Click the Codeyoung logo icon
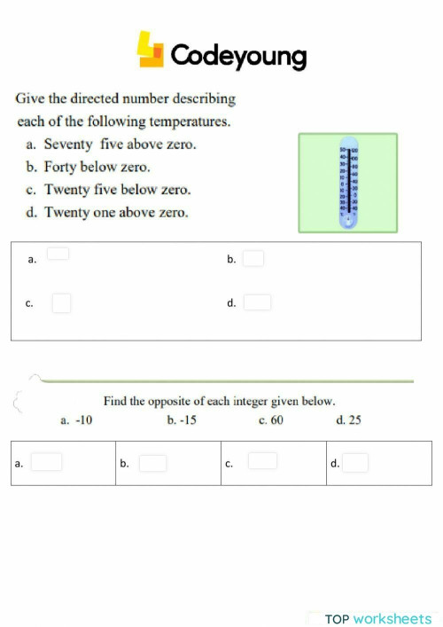point(151,51)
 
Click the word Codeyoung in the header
point(238,57)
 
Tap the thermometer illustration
point(347,182)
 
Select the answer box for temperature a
point(58,254)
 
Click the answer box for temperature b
point(253,259)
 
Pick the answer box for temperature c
point(61,303)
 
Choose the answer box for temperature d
point(257,302)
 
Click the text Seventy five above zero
point(120,144)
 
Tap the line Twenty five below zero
point(117,190)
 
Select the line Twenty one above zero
point(116,213)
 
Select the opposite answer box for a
point(47,462)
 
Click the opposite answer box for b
point(152,463)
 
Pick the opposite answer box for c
point(262,461)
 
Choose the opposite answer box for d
point(355,463)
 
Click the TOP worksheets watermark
point(378,619)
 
